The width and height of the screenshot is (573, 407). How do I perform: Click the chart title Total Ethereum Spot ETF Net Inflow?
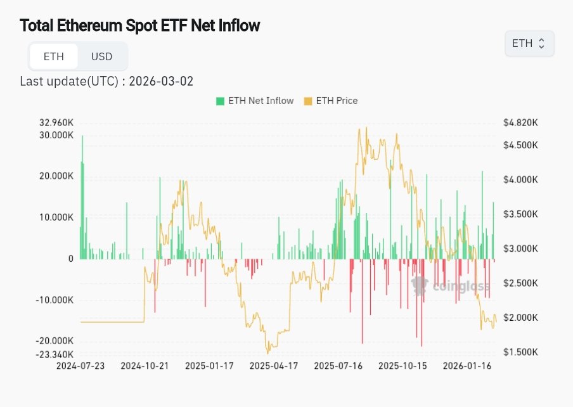pyautogui.click(x=140, y=26)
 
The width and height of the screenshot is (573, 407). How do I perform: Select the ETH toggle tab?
pyautogui.click(x=54, y=56)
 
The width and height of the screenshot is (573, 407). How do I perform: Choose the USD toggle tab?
pyautogui.click(x=101, y=56)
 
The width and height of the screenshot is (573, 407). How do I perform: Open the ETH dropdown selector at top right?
pyautogui.click(x=529, y=44)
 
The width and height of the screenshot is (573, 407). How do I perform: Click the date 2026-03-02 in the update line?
pyautogui.click(x=161, y=81)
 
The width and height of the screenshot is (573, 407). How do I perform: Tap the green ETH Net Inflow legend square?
pyautogui.click(x=221, y=101)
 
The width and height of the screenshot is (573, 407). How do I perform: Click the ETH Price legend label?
pyautogui.click(x=337, y=101)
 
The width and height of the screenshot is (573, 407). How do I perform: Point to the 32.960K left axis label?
pyautogui.click(x=56, y=123)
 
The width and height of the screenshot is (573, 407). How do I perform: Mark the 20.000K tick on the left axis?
pyautogui.click(x=56, y=176)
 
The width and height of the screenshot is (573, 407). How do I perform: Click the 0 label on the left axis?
pyautogui.click(x=70, y=259)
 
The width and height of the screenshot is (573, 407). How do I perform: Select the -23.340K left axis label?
pyautogui.click(x=55, y=354)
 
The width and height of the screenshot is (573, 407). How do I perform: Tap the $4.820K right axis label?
pyautogui.click(x=520, y=123)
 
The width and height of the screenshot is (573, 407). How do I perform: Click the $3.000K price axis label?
pyautogui.click(x=520, y=249)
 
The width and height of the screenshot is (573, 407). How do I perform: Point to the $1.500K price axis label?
pyautogui.click(x=520, y=352)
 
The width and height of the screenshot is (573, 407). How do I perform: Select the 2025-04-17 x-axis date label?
pyautogui.click(x=274, y=366)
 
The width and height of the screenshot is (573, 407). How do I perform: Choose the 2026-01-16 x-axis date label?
pyautogui.click(x=468, y=366)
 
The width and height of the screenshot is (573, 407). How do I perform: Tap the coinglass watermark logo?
pyautogui.click(x=451, y=287)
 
